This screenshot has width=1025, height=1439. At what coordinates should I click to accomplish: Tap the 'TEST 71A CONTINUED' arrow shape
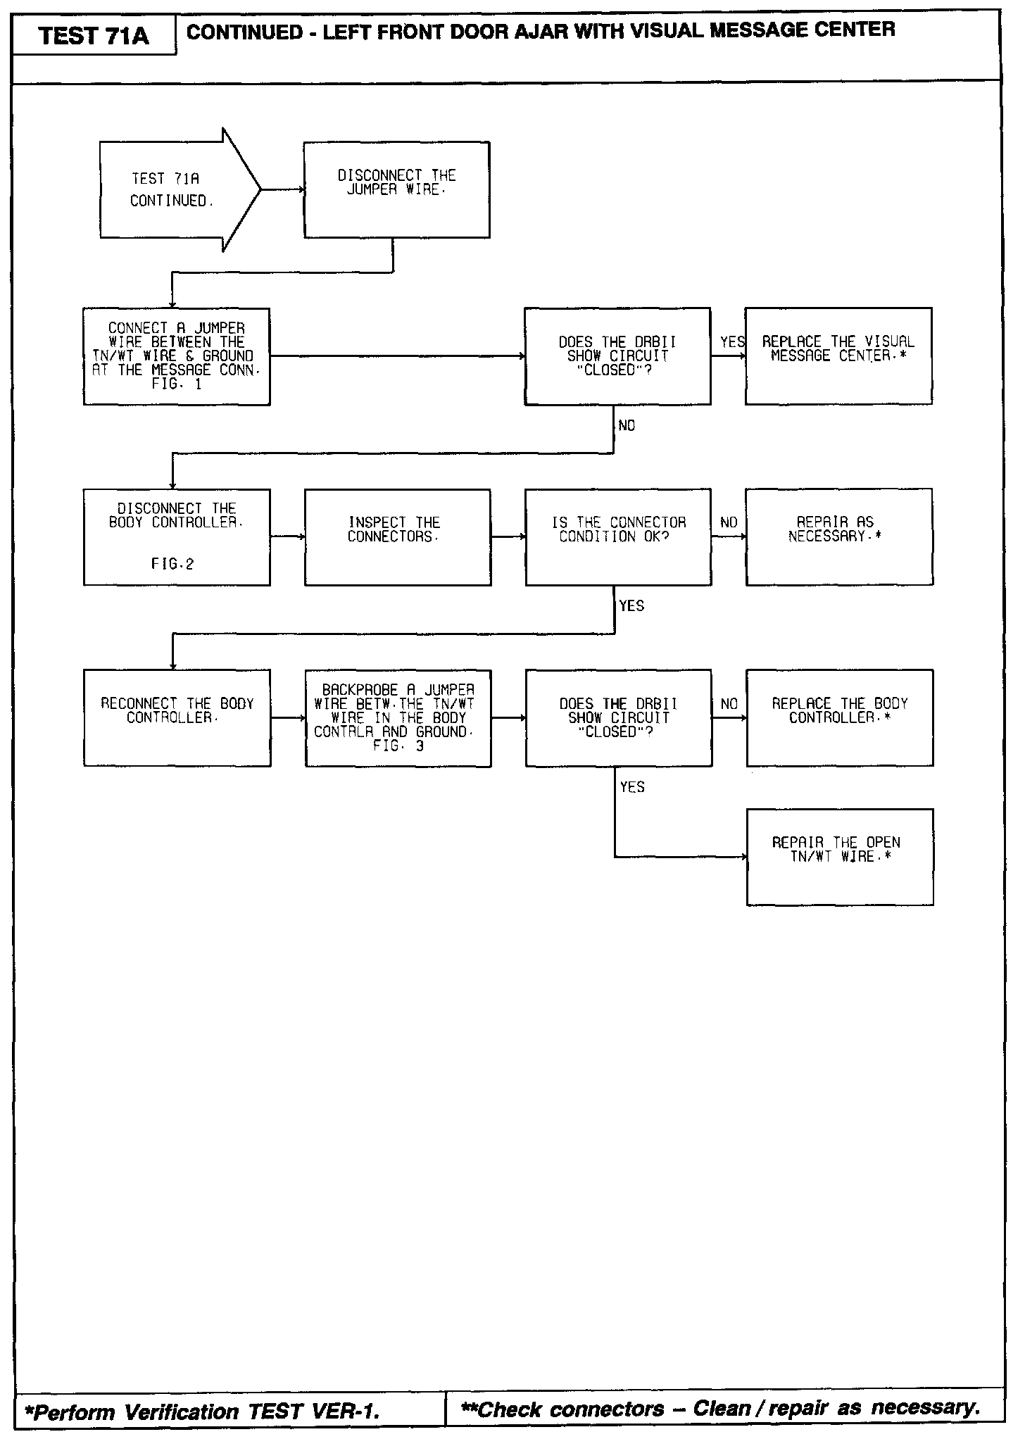coord(172,189)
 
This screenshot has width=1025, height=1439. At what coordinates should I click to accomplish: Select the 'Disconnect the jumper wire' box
coord(396,189)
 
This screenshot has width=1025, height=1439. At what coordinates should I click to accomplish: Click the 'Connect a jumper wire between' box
coord(176,356)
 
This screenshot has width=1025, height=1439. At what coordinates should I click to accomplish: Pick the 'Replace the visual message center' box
coord(838,356)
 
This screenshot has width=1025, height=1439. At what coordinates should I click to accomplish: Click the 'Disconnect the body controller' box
coord(176,536)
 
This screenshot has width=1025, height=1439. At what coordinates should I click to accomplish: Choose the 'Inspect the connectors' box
coord(397,536)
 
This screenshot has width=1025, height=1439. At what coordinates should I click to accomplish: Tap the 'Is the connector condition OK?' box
coord(617,536)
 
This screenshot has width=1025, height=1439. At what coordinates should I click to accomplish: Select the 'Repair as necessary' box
coord(838,536)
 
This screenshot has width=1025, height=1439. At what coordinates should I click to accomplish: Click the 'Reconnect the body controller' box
coord(177,717)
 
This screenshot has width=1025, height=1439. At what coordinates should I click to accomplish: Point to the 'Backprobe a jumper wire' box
coord(398,717)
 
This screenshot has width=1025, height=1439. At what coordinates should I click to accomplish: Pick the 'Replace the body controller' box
coord(839,717)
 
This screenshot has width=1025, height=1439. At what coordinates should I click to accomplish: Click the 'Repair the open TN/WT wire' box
coord(839,856)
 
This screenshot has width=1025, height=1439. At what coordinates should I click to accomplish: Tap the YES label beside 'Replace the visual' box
coord(732,342)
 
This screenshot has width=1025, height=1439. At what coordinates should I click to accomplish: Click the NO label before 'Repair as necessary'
coord(729,522)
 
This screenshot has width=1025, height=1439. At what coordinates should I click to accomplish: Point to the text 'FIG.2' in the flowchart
coord(172,564)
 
